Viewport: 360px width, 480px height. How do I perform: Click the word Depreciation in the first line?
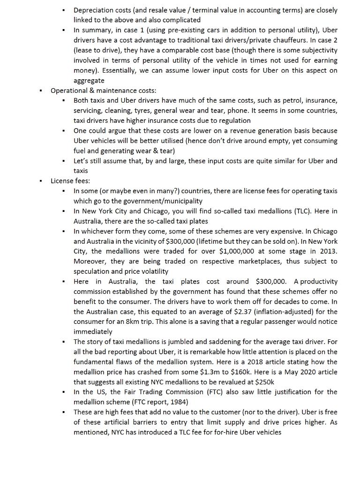[94, 10]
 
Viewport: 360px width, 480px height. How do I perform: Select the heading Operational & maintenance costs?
[103, 90]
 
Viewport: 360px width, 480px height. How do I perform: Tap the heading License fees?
[70, 181]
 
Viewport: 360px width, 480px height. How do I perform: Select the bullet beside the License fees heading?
[41, 181]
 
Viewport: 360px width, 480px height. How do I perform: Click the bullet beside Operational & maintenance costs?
[41, 90]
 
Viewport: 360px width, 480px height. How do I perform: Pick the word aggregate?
[89, 81]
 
